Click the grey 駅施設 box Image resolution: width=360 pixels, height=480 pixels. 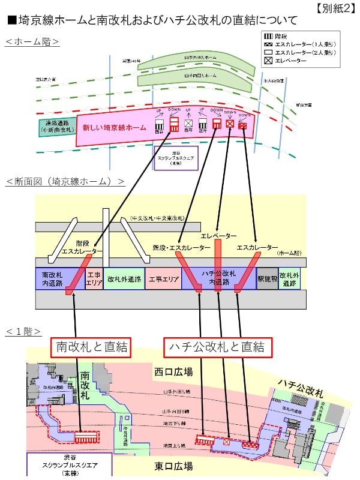[x=267, y=279]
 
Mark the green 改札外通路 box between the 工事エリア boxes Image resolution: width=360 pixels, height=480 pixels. [x=124, y=279]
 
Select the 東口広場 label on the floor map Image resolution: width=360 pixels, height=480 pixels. [x=173, y=466]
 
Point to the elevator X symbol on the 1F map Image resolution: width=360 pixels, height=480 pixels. [x=226, y=442]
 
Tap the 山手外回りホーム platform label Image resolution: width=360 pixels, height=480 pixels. [x=199, y=58]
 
